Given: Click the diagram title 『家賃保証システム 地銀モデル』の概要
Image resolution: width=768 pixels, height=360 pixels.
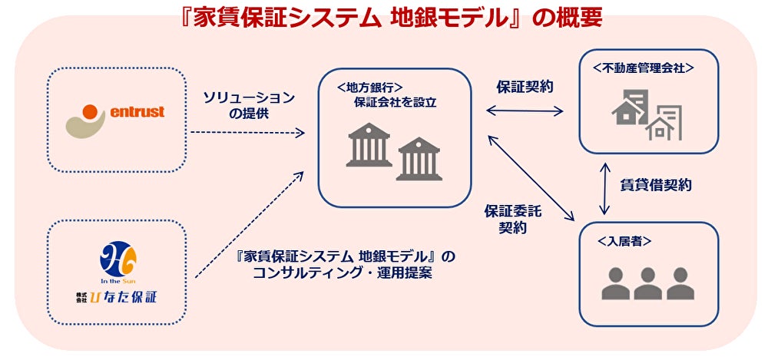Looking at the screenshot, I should pyautogui.click(x=383, y=17).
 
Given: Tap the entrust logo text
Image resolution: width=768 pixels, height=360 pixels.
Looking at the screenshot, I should pyautogui.click(x=137, y=113).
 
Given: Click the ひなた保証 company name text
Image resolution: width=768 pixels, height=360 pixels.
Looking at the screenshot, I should pyautogui.click(x=125, y=297).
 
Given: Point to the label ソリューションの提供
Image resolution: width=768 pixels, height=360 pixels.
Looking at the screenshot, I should pyautogui.click(x=248, y=105).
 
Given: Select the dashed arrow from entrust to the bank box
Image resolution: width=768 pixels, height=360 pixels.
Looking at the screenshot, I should pyautogui.click(x=247, y=133).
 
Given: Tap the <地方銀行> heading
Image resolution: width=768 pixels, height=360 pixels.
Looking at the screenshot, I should pyautogui.click(x=369, y=87).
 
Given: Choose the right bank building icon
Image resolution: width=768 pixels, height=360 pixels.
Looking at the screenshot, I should pyautogui.click(x=418, y=157).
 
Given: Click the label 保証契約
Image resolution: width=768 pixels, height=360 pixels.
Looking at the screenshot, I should pyautogui.click(x=525, y=87).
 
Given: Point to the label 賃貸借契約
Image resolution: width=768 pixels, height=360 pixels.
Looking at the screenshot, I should pyautogui.click(x=655, y=184).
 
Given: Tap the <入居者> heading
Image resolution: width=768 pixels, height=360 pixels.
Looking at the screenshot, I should pyautogui.click(x=625, y=240).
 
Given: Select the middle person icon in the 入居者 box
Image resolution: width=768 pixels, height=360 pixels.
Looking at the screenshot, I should pyautogui.click(x=647, y=283).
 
